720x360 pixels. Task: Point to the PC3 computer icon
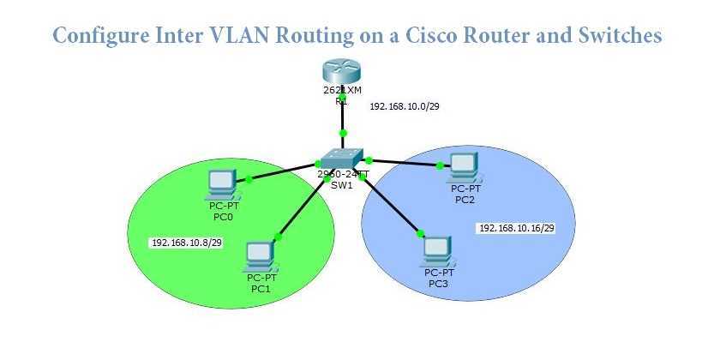pyautogui.click(x=439, y=249)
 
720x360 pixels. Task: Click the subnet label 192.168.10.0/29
pyautogui.click(x=404, y=107)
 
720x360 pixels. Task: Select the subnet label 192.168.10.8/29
pyautogui.click(x=186, y=243)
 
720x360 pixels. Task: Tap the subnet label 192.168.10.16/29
pyautogui.click(x=516, y=228)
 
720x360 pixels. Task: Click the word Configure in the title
pyautogui.click(x=96, y=36)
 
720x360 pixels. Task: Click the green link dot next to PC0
pyautogui.click(x=249, y=179)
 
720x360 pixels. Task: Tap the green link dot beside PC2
pyautogui.click(x=439, y=165)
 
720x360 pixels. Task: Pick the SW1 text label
pyautogui.click(x=342, y=185)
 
